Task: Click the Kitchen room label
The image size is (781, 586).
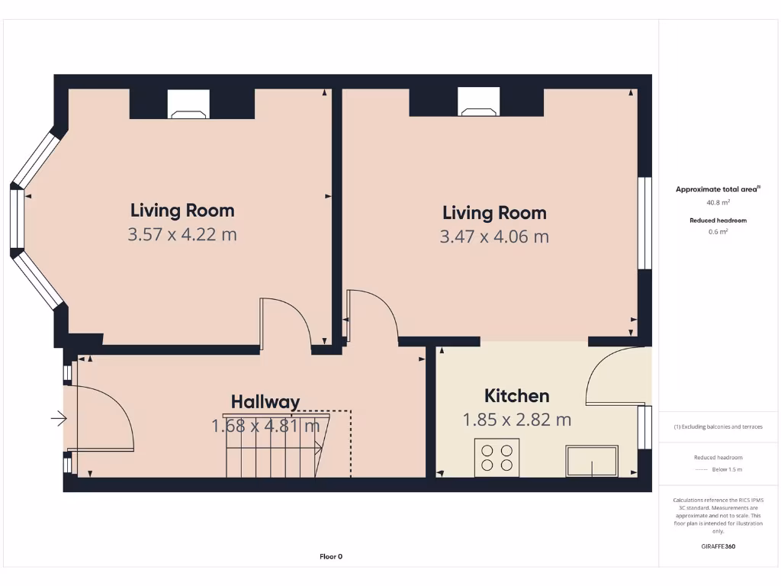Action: click(516, 395)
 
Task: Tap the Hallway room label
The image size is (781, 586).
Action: click(265, 401)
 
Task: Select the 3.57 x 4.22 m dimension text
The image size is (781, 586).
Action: click(182, 234)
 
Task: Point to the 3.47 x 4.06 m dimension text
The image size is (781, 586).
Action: click(494, 237)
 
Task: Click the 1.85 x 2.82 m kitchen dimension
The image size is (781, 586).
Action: click(516, 420)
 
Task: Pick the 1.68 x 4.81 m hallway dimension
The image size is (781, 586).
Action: click(265, 426)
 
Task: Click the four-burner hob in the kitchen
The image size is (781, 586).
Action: click(497, 456)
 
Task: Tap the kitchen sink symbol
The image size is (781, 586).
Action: click(592, 462)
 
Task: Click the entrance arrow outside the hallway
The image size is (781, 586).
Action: click(59, 418)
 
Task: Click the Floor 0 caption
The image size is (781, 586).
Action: click(331, 556)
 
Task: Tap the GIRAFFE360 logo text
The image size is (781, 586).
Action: click(718, 546)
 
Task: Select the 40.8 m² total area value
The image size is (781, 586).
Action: click(718, 202)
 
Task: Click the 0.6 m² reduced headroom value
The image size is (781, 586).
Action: click(718, 231)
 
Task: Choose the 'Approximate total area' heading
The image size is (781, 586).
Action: click(717, 189)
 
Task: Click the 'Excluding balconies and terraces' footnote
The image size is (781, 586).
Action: click(718, 427)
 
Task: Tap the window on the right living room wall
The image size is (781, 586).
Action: click(644, 223)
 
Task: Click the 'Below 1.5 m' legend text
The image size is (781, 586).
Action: click(726, 469)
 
